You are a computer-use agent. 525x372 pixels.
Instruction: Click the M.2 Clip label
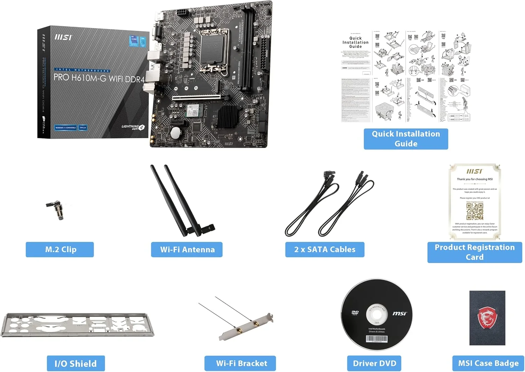(60, 250)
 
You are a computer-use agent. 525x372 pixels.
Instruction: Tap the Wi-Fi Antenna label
(187, 250)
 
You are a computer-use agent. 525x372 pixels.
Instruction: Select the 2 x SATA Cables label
(325, 250)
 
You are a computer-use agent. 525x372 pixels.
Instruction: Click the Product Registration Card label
(475, 252)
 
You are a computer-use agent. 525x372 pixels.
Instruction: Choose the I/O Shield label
(76, 364)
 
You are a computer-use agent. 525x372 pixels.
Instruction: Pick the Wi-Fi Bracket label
(241, 364)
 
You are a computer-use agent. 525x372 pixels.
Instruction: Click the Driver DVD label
(374, 364)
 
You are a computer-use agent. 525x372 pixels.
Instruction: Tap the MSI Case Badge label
(488, 364)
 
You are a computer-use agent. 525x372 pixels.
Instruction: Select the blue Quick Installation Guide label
(406, 139)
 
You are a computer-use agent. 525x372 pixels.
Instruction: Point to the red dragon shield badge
(487, 317)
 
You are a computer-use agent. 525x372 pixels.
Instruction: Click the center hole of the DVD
(377, 314)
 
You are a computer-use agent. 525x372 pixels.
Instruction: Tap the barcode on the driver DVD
(377, 339)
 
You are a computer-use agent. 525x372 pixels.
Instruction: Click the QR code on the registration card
(475, 211)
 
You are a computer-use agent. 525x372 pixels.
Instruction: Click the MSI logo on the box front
(63, 37)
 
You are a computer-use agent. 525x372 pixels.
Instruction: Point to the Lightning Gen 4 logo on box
(133, 127)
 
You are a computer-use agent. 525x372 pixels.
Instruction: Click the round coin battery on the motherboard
(175, 133)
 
